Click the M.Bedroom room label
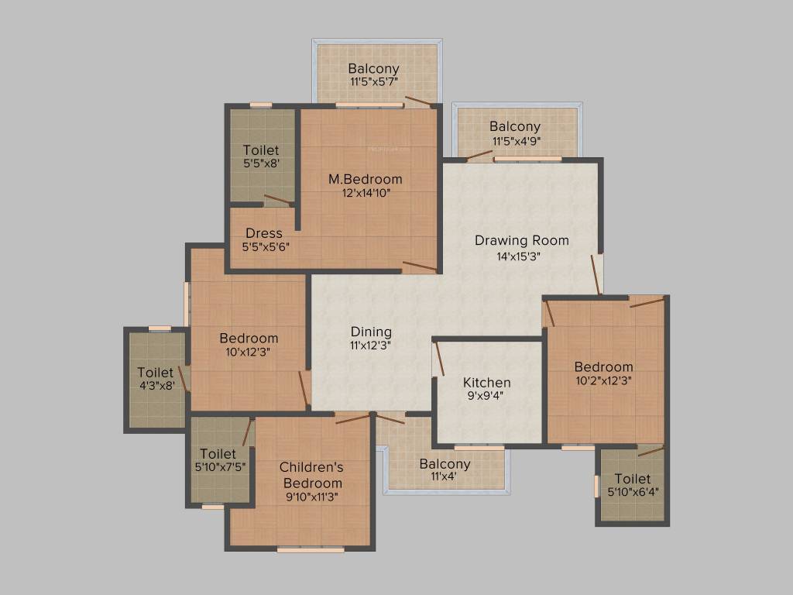[365, 179]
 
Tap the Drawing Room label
[521, 240]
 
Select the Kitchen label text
[486, 382]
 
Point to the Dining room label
[371, 332]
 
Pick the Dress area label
[263, 233]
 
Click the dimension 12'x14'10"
[365, 194]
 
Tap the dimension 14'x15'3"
[521, 256]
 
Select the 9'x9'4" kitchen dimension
[486, 397]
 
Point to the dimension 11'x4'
[445, 478]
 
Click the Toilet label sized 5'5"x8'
[261, 150]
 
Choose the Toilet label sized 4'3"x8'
[156, 373]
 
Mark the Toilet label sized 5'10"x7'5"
[218, 453]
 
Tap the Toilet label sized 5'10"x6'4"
[633, 479]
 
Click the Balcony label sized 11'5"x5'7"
[373, 68]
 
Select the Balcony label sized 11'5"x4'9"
[515, 126]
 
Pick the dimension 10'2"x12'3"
[603, 380]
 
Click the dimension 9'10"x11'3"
[311, 497]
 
